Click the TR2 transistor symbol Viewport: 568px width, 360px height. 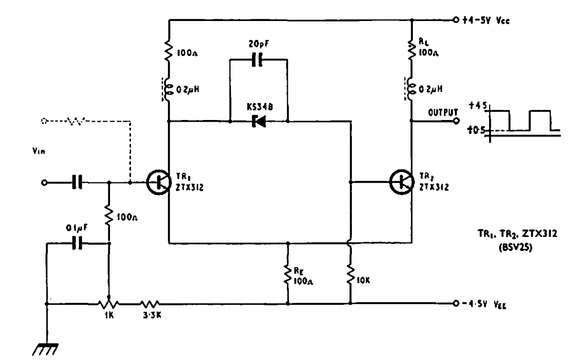[401, 182]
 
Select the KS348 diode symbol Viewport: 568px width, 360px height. [259, 121]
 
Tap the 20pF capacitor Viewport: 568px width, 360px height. [258, 60]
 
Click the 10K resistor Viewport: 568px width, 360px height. [351, 275]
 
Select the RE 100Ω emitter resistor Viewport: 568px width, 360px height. [288, 275]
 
